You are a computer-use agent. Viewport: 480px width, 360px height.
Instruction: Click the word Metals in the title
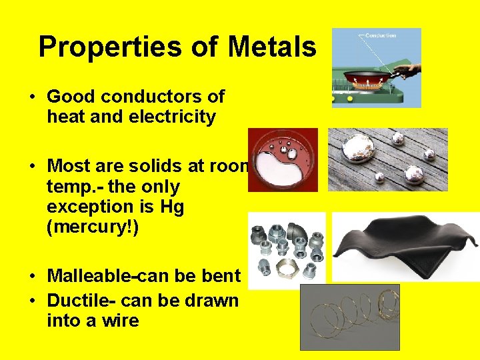(x=271, y=47)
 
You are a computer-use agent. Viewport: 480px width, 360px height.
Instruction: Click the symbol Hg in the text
(x=172, y=207)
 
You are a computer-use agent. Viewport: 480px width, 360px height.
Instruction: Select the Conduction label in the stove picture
(x=381, y=35)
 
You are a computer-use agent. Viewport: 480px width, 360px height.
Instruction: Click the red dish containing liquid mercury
(x=283, y=160)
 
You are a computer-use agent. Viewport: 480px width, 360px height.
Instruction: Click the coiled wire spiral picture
(x=349, y=317)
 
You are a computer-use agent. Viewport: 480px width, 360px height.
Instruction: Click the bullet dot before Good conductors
(x=32, y=97)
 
